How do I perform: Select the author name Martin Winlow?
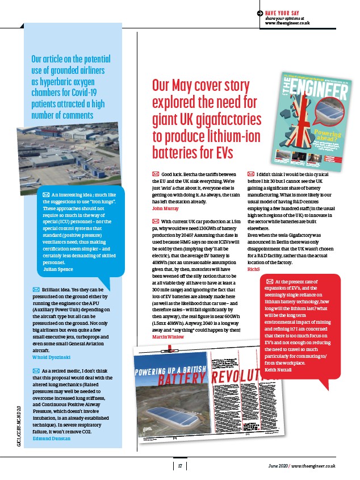pos(169,337)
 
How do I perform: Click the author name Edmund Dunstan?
pos(52,439)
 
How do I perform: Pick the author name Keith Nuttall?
pos(278,370)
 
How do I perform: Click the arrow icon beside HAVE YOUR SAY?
pos(259,12)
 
